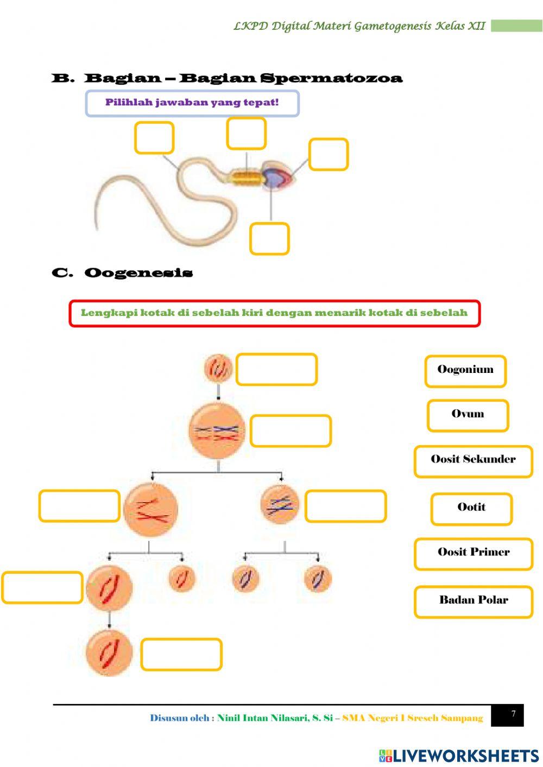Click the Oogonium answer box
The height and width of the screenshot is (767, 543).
(465, 371)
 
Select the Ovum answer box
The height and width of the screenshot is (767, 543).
(468, 415)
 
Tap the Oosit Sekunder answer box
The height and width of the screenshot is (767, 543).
(473, 461)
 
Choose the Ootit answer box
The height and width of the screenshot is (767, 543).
(471, 509)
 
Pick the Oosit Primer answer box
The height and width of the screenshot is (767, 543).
(473, 554)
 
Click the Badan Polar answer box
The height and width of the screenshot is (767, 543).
(473, 601)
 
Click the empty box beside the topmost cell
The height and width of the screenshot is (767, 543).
(276, 370)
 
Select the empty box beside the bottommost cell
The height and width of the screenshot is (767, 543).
(181, 654)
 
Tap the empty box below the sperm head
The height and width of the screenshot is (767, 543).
(269, 239)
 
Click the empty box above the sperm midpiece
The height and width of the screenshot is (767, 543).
(246, 134)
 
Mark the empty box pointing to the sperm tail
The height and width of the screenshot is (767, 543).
(154, 138)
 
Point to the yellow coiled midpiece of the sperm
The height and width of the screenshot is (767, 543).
(245, 178)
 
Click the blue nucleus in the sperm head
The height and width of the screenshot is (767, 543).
(271, 177)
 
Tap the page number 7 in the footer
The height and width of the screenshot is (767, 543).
(513, 714)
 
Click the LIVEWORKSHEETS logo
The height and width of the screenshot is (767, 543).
(458, 755)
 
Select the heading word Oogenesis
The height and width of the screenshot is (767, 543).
(138, 272)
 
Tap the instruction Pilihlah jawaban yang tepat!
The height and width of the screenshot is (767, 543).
(192, 103)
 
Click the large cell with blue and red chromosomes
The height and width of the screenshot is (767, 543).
(217, 432)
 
